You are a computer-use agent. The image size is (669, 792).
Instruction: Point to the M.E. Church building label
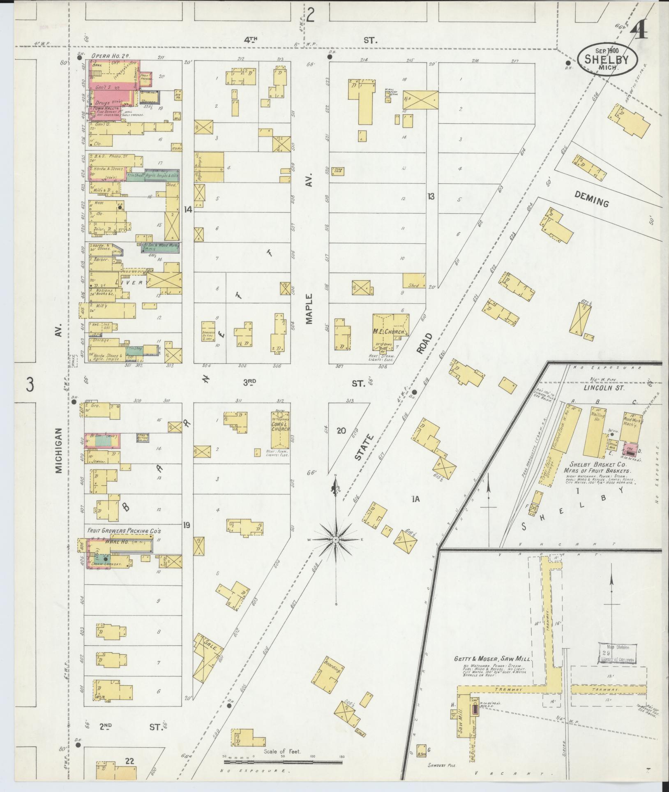tap(390, 332)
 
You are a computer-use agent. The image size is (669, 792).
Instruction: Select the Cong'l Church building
tap(280, 429)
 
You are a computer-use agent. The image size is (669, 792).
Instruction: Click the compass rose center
tap(336, 539)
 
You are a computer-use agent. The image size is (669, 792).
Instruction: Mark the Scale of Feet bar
tap(283, 762)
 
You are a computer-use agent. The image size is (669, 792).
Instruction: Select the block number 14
tap(188, 210)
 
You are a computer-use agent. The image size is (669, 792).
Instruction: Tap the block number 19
tap(187, 524)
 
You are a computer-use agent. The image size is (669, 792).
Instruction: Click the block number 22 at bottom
tap(130, 761)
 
